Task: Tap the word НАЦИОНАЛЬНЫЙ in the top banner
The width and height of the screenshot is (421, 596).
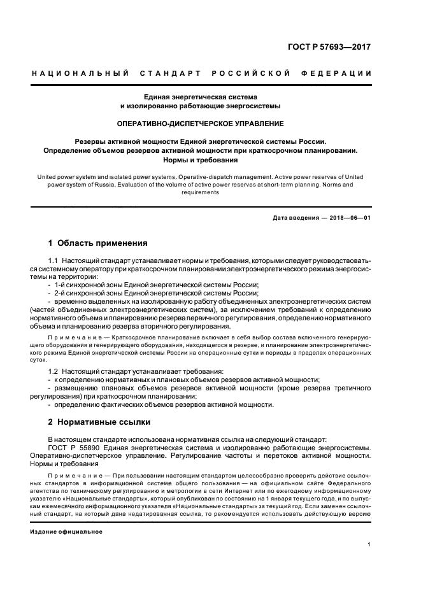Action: [80, 73]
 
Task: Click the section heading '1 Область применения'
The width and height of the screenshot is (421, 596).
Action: [98, 243]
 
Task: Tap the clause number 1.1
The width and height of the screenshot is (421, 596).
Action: [55, 261]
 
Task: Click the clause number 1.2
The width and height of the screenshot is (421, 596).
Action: [55, 370]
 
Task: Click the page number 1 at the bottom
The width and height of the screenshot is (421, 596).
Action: [369, 544]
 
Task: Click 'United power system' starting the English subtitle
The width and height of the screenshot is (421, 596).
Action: [62, 175]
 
